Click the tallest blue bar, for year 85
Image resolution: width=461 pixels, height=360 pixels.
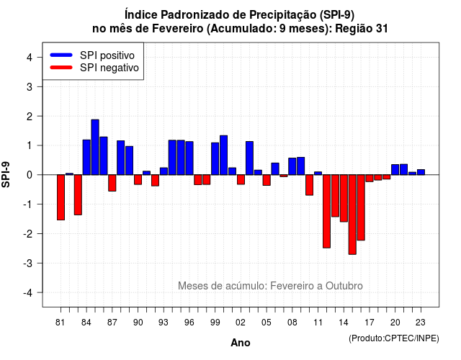pyautogui.click(x=95, y=147)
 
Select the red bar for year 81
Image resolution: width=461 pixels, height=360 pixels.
pyautogui.click(x=61, y=197)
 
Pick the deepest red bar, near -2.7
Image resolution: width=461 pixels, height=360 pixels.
pyautogui.click(x=352, y=215)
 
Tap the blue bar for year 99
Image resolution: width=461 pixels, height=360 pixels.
pyautogui.click(x=215, y=158)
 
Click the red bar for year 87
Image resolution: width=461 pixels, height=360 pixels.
pyautogui.click(x=112, y=183)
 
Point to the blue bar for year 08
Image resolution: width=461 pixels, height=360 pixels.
pyautogui.click(x=292, y=166)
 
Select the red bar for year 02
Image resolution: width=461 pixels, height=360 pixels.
pyautogui.click(x=241, y=179)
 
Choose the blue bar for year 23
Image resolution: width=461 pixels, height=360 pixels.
pyautogui.click(x=421, y=172)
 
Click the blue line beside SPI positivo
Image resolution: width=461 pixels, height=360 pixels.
pyautogui.click(x=61, y=55)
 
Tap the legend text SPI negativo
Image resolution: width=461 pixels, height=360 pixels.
pyautogui.click(x=109, y=68)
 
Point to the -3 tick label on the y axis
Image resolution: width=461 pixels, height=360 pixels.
pyautogui.click(x=29, y=263)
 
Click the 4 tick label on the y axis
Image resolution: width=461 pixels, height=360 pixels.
pyautogui.click(x=30, y=58)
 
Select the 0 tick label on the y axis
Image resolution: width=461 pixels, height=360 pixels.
pyautogui.click(x=30, y=175)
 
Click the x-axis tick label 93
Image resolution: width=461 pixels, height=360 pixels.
pyautogui.click(x=164, y=323)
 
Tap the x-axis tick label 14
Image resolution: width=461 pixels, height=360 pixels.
pyautogui.click(x=344, y=323)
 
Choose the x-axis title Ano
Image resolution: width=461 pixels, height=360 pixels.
pyautogui.click(x=241, y=343)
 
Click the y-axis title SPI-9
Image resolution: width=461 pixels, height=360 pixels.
pyautogui.click(x=6, y=174)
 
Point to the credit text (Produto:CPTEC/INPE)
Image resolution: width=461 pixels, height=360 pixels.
pyautogui.click(x=394, y=338)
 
